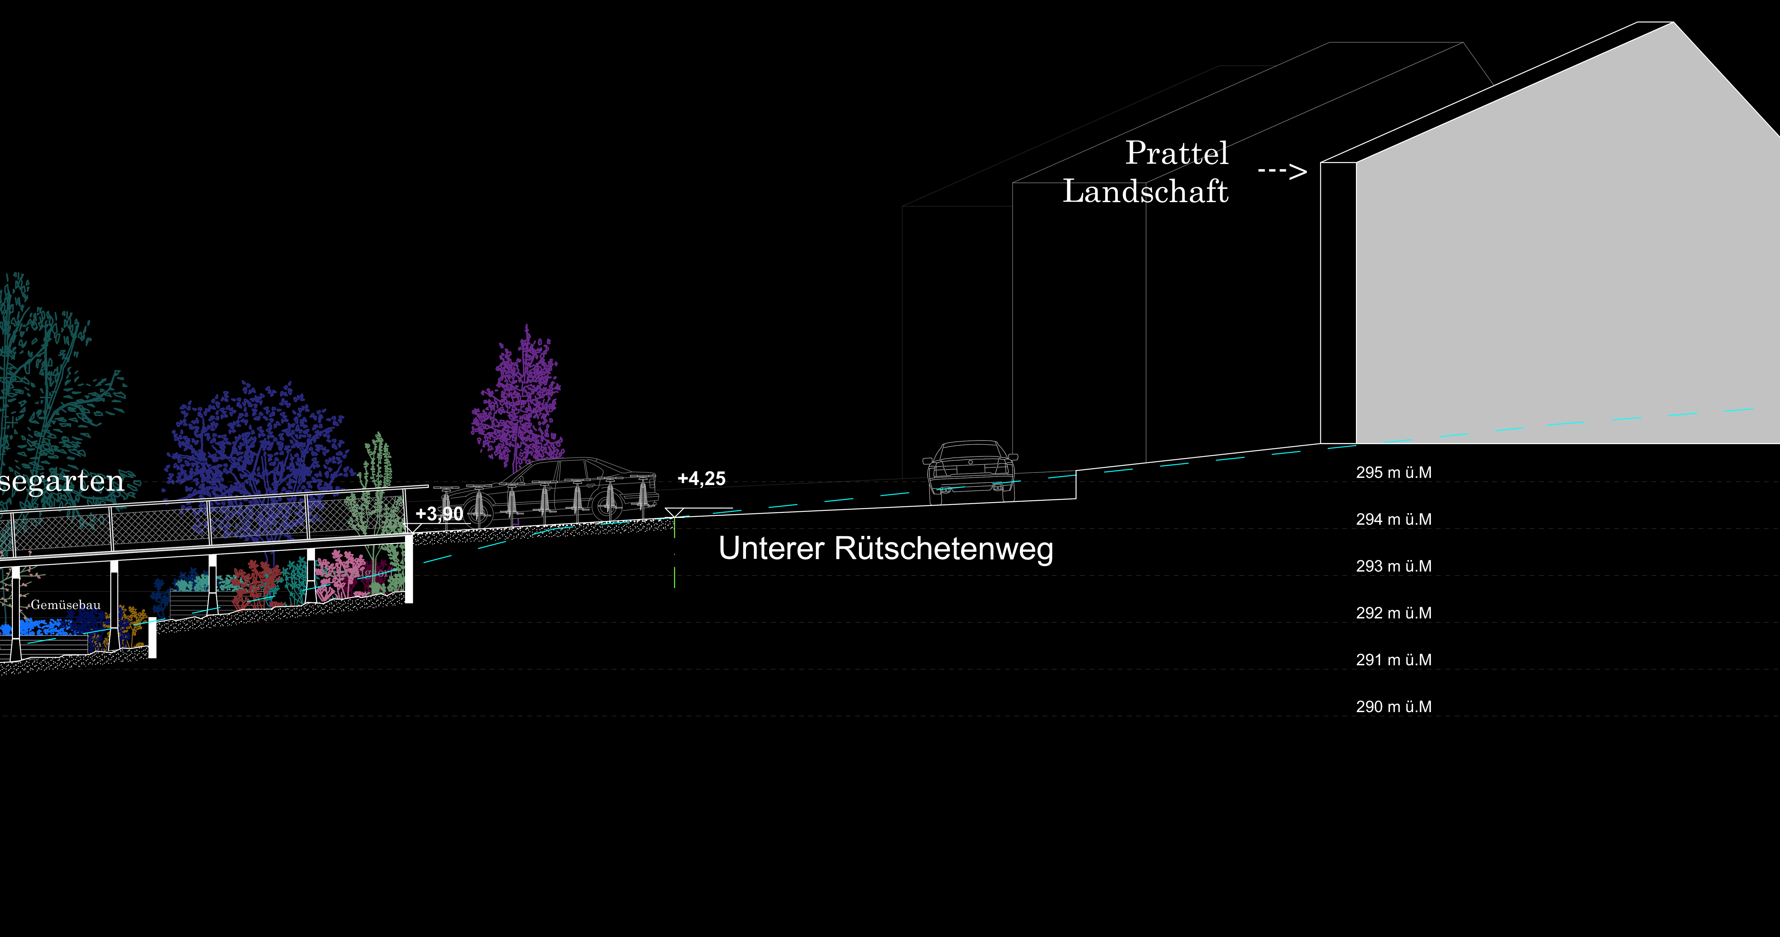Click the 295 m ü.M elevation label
pos(1393,473)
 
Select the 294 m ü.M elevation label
pos(1393,520)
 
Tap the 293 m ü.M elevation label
pos(1393,567)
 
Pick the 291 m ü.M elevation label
pos(1393,660)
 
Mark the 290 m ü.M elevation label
pos(1393,707)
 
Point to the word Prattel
pos(1177,153)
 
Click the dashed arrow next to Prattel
pos(1282,171)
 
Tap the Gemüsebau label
pos(66,605)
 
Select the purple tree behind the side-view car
pos(518,404)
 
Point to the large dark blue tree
pos(256,442)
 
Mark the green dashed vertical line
pos(675,553)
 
